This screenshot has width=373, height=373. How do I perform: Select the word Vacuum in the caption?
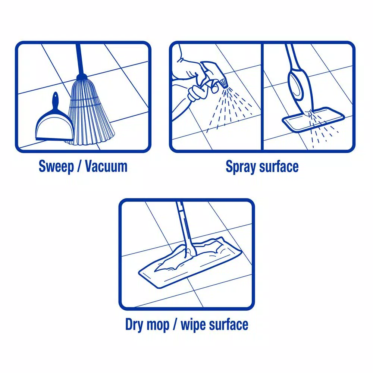tap(106, 166)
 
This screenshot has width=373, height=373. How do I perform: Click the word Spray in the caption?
tap(239, 167)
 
